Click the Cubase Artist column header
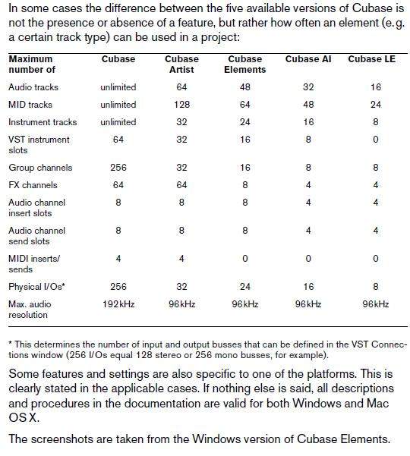pos(181,64)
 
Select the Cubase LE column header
pos(371,59)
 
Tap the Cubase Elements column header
pos(244,64)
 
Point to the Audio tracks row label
pos(33,87)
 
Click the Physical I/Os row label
pos(36,287)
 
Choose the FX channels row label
pos(33,185)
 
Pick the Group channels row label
pos(40,168)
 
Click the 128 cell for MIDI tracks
pos(182,105)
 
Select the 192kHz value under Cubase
pos(118,304)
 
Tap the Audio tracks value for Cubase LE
pos(376,87)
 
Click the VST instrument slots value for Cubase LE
pos(376,140)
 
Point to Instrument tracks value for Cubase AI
pos(308,122)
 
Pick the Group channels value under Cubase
pos(118,168)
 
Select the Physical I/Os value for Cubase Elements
pos(245,287)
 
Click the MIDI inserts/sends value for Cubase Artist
pos(181,259)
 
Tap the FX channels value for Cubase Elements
pos(245,185)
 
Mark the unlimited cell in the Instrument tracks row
pos(118,122)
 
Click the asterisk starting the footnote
pos(11,343)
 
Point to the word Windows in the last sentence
pos(212,439)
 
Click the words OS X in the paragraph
pos(24,418)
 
